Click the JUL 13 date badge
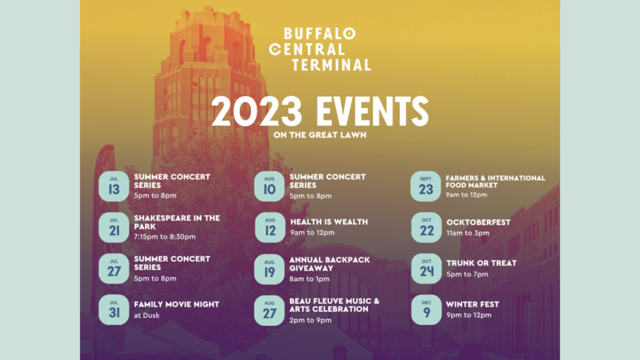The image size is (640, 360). (114, 186)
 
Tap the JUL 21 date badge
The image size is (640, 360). (114, 227)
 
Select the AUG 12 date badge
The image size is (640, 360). (270, 227)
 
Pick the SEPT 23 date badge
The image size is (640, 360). (426, 186)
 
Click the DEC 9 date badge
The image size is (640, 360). (426, 310)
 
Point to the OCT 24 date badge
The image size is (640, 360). (426, 269)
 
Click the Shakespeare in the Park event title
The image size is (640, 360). (177, 222)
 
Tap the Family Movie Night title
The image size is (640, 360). (177, 304)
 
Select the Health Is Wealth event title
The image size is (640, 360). (329, 222)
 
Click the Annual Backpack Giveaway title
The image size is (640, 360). (330, 264)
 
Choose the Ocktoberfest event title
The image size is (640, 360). (478, 222)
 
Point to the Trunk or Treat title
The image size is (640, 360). (481, 263)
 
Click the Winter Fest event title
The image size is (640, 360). (472, 304)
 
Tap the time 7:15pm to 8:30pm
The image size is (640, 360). (165, 237)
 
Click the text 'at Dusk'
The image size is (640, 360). (146, 315)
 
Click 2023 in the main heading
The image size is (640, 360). (256, 111)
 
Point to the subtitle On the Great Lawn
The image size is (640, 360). (320, 135)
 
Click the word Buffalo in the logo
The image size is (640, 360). (319, 34)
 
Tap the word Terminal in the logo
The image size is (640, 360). (331, 64)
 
